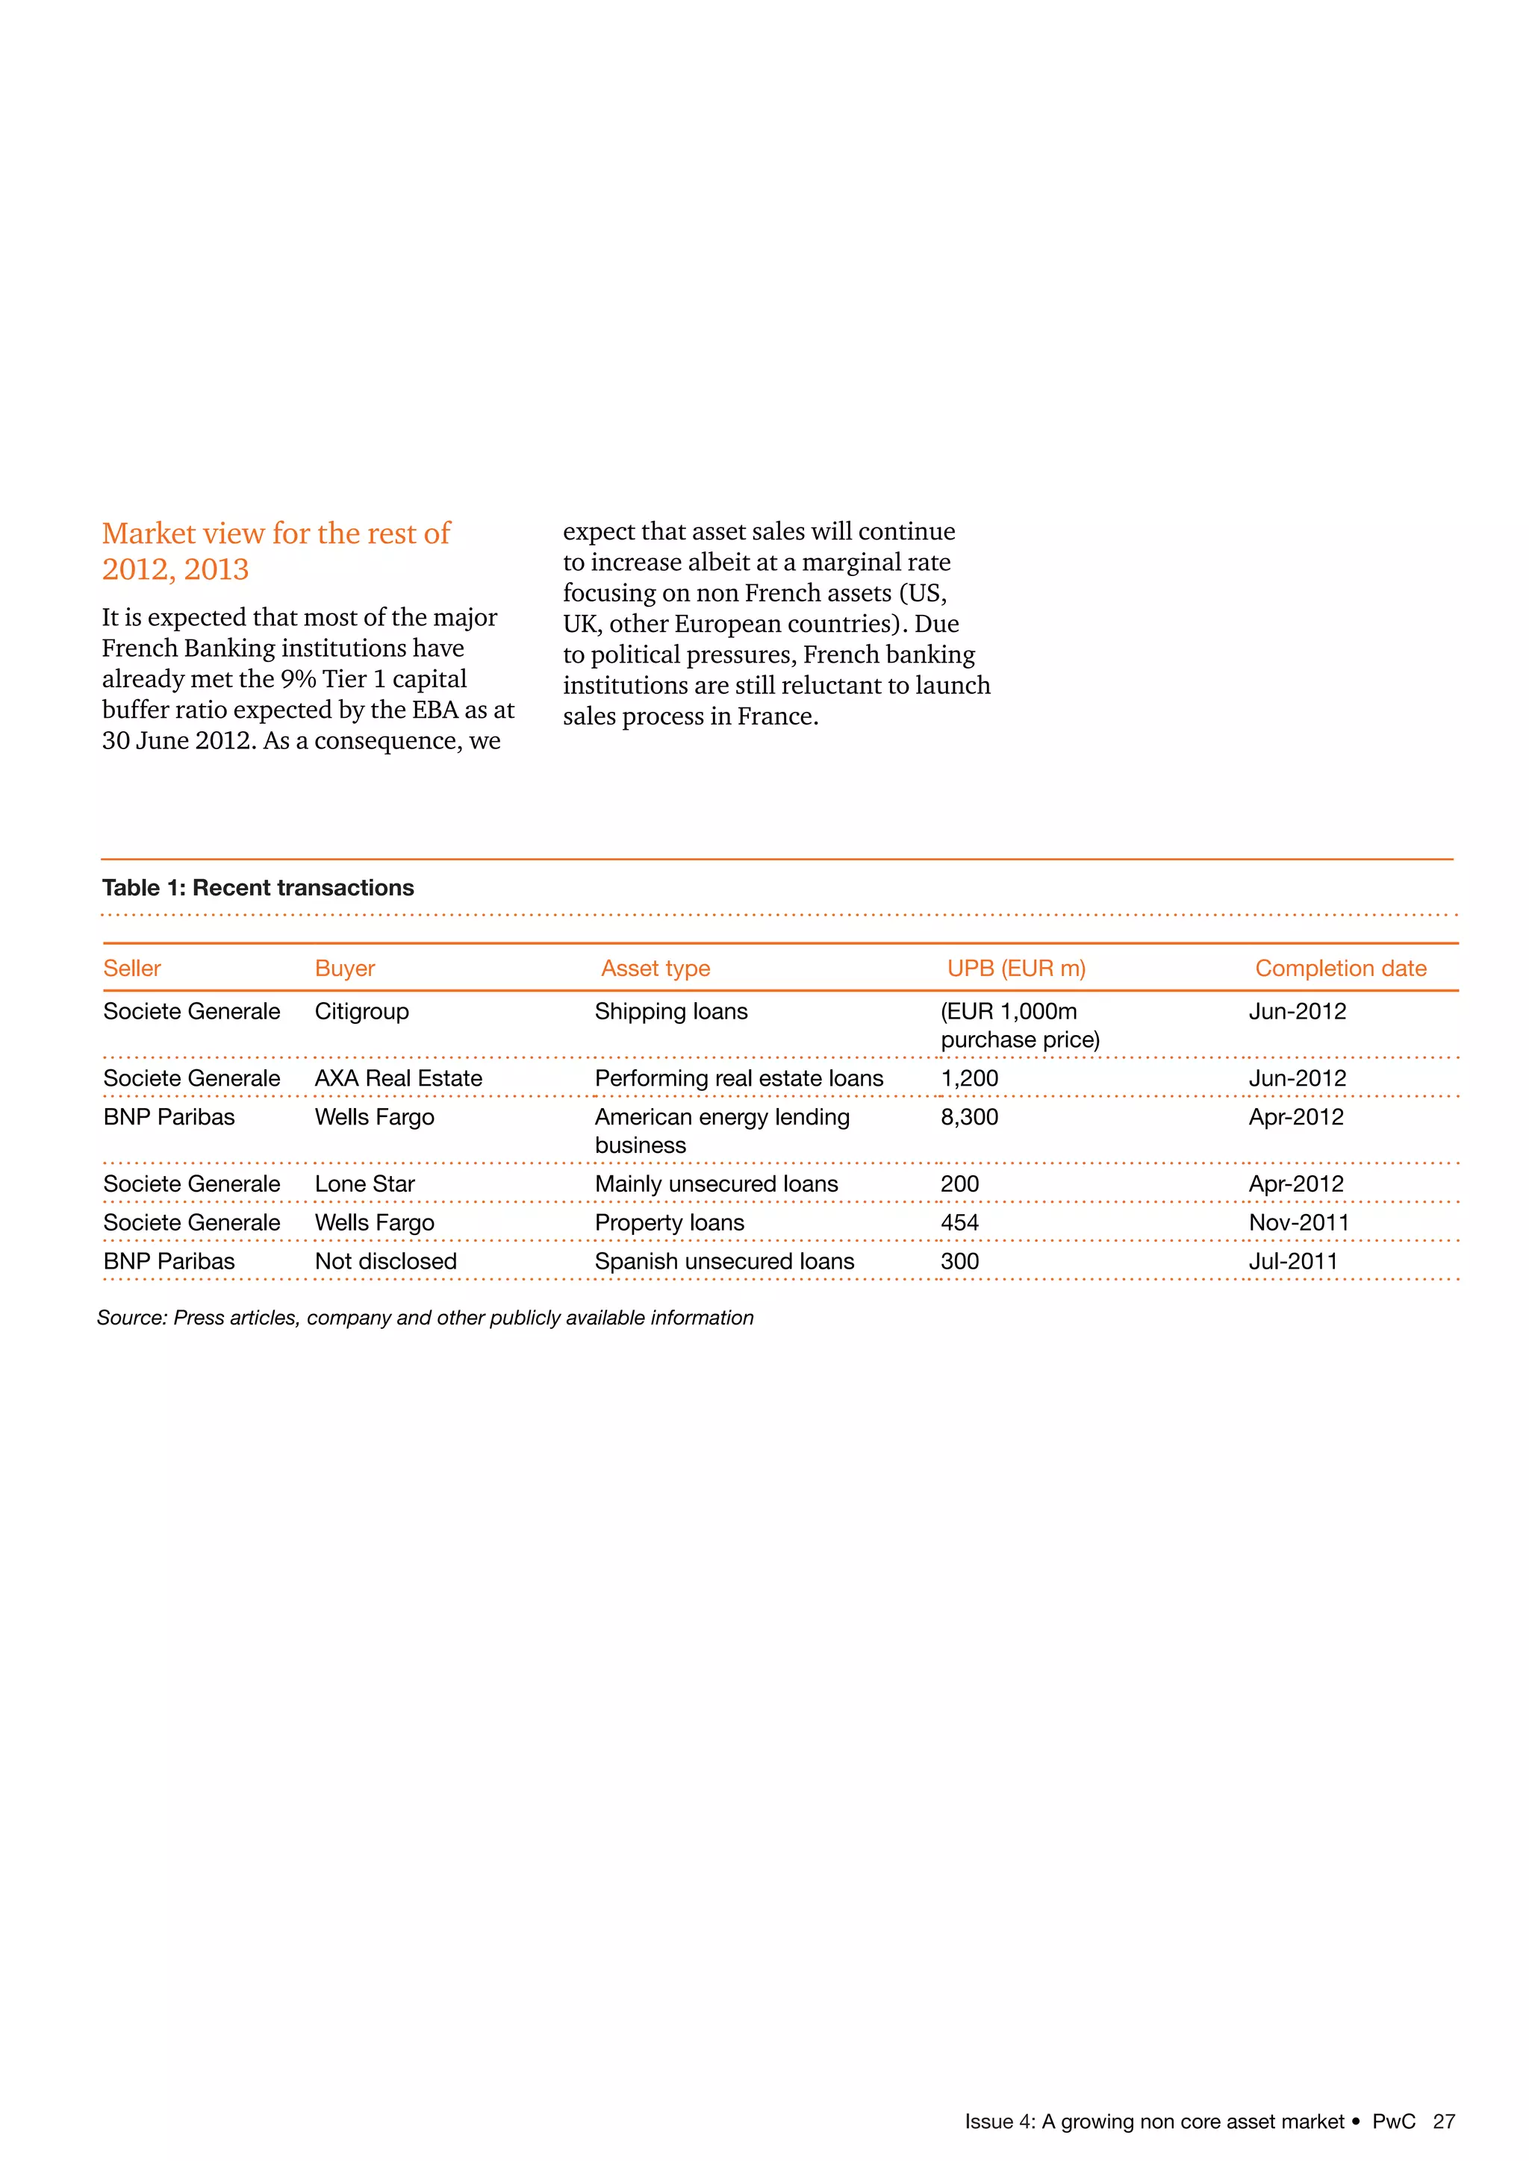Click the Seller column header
click(x=132, y=969)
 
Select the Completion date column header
click(x=1340, y=969)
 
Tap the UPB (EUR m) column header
click(x=1016, y=969)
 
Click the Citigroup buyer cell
click(x=361, y=1012)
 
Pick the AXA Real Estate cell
click(x=398, y=1078)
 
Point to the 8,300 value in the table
click(x=969, y=1117)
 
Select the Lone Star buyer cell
click(x=364, y=1184)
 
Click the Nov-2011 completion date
click(x=1298, y=1222)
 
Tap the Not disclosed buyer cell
click(x=385, y=1261)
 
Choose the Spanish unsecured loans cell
click(x=724, y=1261)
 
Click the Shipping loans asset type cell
click(x=670, y=1012)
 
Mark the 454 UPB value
click(x=959, y=1222)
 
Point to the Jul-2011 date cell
click(x=1292, y=1261)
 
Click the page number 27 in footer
click(x=1443, y=2121)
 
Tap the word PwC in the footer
click(x=1393, y=2121)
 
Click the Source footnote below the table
click(x=425, y=1318)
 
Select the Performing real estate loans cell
click(x=738, y=1078)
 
